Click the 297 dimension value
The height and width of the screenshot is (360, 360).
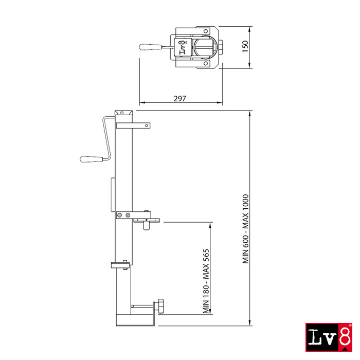coord(179,99)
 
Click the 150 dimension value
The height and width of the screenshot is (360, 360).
coord(245,46)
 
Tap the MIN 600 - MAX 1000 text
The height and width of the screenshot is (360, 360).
coord(245,229)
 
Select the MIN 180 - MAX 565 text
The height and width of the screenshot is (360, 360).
coord(206,281)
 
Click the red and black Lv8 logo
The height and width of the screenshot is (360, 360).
coord(329,337)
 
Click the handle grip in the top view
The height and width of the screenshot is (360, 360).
coord(150,47)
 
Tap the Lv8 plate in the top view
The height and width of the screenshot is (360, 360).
coord(183,47)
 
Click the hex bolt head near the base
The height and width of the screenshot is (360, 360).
coord(159,306)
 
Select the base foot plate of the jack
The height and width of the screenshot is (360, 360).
coord(135,320)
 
